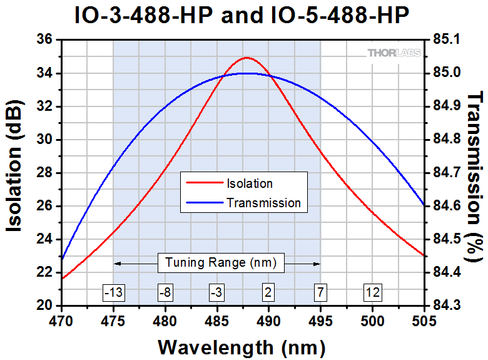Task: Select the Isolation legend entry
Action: point(250,183)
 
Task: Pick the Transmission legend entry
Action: point(263,203)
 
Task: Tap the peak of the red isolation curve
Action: point(246,58)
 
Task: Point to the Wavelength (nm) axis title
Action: point(241,346)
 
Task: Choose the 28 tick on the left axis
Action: point(45,173)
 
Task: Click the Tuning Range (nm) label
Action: point(217,263)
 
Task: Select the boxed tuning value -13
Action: point(113,292)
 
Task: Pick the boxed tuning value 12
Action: point(372,292)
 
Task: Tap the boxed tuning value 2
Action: point(268,292)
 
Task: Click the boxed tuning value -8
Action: point(165,292)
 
